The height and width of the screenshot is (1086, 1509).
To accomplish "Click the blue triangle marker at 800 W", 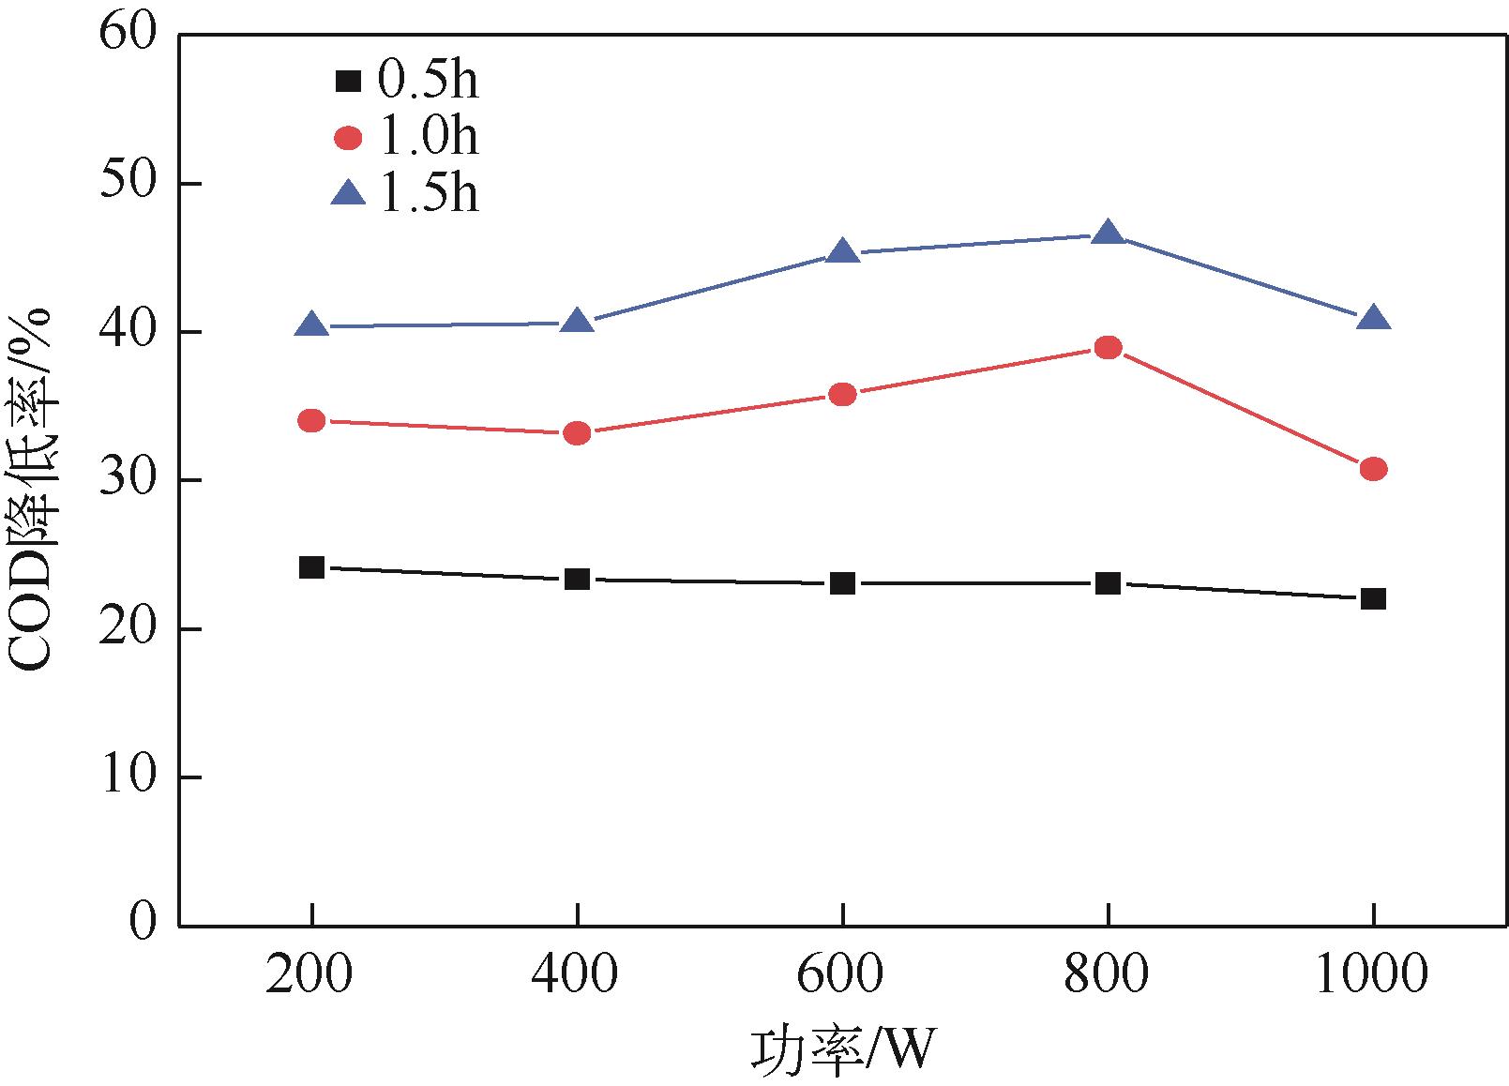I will pos(1108,234).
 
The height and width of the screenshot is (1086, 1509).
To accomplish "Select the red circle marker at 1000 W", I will pos(1373,469).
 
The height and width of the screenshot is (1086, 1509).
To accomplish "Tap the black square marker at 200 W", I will pos(311,567).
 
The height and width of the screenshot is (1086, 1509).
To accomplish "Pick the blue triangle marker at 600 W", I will pos(842,251).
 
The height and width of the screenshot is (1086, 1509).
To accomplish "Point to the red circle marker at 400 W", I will pos(577,433).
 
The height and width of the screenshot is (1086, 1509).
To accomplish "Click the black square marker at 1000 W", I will pos(1373,598).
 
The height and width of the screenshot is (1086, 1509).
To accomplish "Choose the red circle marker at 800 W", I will pos(1108,348).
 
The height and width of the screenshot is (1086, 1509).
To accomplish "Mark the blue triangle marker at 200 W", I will pos(311,325).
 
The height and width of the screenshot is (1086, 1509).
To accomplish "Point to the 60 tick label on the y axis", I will pos(128,35).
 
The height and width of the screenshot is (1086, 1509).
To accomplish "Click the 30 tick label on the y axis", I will pos(128,480).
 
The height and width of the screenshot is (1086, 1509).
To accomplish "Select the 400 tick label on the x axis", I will pos(574,976).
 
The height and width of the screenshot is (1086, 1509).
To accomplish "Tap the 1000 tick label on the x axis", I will pos(1372,976).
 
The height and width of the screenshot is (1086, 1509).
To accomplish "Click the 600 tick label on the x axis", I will pos(840,976).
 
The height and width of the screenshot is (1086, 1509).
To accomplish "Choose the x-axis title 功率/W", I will pos(842,1048).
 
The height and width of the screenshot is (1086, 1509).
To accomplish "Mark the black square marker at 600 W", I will pos(842,583).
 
